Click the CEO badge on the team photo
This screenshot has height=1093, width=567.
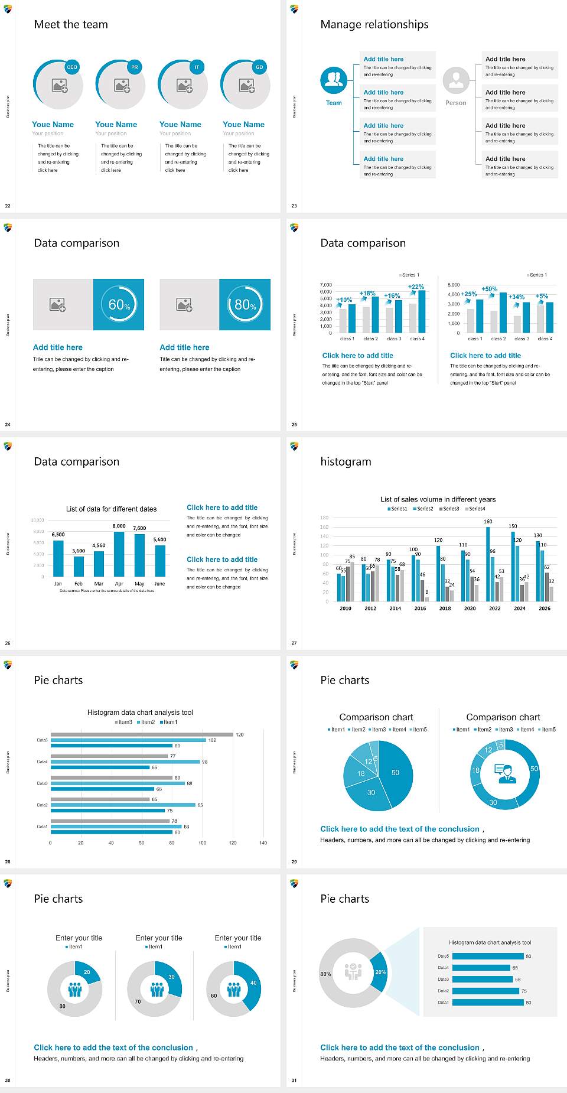pyautogui.click(x=72, y=67)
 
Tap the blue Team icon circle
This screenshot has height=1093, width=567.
pyautogui.click(x=334, y=80)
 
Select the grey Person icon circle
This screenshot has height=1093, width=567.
pyautogui.click(x=455, y=80)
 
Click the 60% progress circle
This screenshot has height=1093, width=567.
pyautogui.click(x=119, y=304)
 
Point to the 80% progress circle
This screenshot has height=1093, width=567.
pyautogui.click(x=245, y=304)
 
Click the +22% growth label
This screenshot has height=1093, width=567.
pyautogui.click(x=416, y=287)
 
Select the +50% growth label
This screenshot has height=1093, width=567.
pyautogui.click(x=489, y=289)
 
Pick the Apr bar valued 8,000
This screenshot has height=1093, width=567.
pyautogui.click(x=119, y=554)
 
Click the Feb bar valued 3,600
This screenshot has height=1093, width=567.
pyautogui.click(x=79, y=566)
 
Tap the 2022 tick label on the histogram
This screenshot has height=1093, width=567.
pyautogui.click(x=495, y=608)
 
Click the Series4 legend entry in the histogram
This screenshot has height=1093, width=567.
pyautogui.click(x=475, y=509)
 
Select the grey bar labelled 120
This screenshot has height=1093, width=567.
pyautogui.click(x=142, y=734)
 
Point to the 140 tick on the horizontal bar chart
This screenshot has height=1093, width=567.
pyautogui.click(x=263, y=843)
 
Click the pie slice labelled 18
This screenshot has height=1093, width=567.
pyautogui.click(x=358, y=773)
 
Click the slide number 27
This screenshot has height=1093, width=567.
pyautogui.click(x=294, y=643)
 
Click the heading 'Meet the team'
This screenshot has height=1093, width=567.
pyautogui.click(x=71, y=24)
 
